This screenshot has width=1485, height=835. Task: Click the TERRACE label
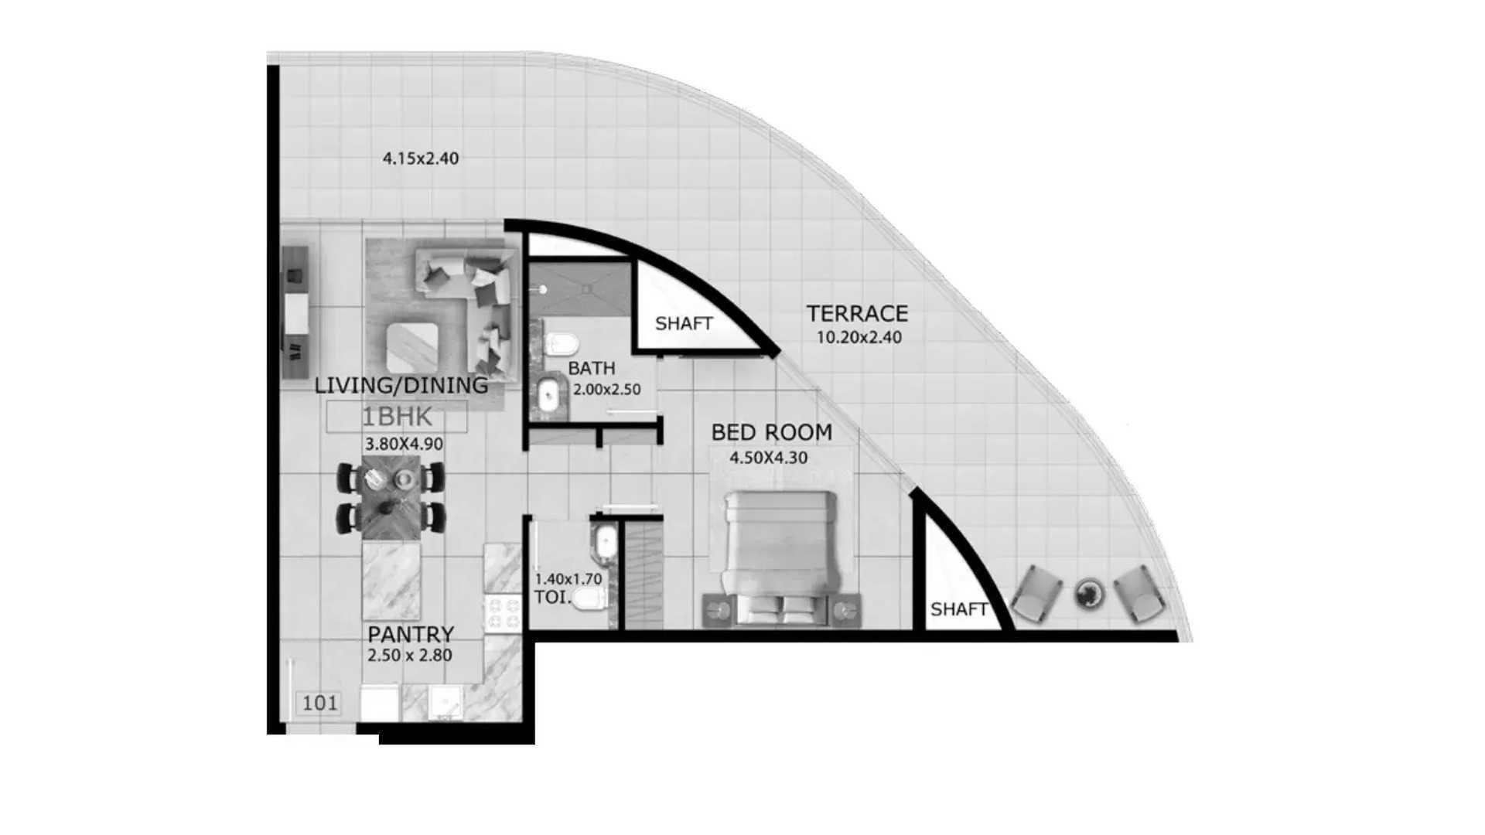click(857, 313)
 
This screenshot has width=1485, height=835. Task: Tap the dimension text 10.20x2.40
click(859, 337)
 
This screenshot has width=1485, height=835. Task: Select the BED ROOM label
click(771, 431)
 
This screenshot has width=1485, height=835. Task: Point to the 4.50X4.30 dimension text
click(768, 458)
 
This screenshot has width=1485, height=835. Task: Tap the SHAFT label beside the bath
click(684, 323)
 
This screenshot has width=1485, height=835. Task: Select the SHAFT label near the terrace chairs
click(959, 609)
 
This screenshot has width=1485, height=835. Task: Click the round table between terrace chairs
click(1089, 594)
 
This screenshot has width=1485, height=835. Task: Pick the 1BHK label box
click(397, 417)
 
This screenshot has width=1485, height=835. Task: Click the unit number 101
click(319, 703)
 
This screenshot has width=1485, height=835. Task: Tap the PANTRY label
click(410, 634)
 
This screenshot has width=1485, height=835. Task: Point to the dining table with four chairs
click(391, 497)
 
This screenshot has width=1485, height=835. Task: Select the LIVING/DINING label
click(401, 385)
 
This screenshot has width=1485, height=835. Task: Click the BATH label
click(592, 368)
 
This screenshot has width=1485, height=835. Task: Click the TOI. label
click(552, 597)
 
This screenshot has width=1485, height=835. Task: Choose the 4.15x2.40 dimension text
click(421, 158)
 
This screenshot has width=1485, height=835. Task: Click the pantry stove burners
click(503, 613)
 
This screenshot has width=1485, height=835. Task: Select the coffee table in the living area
click(412, 347)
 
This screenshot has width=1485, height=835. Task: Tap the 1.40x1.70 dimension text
click(568, 578)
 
